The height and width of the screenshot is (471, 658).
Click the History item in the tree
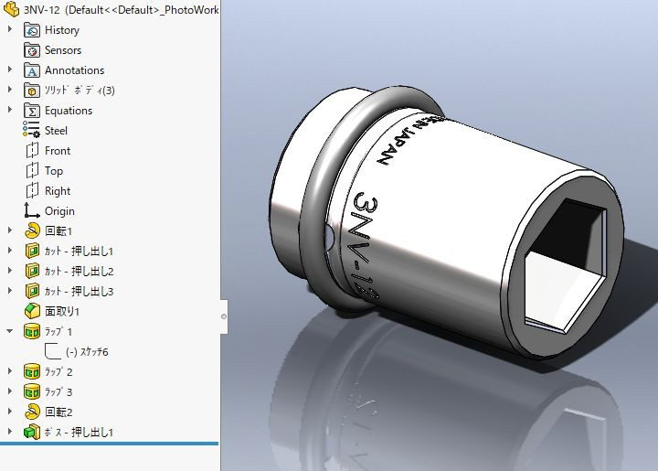pyautogui.click(x=61, y=30)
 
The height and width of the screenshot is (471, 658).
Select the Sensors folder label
pyautogui.click(x=62, y=50)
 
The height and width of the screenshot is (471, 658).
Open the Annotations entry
pyautogui.click(x=74, y=70)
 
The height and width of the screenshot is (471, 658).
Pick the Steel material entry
pyautogui.click(x=56, y=131)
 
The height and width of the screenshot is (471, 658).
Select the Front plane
pyautogui.click(x=57, y=151)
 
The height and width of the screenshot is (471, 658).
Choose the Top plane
pyautogui.click(x=54, y=171)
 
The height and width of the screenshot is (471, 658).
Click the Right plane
pyautogui.click(x=57, y=191)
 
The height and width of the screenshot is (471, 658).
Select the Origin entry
pyautogui.click(x=59, y=211)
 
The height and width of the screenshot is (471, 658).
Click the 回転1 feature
pyautogui.click(x=58, y=231)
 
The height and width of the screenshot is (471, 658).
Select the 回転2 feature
pyautogui.click(x=58, y=412)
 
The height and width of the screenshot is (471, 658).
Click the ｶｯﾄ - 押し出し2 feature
pyautogui.click(x=79, y=272)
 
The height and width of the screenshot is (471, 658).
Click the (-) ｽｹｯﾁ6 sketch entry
pyautogui.click(x=87, y=352)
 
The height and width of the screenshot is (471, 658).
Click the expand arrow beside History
pyautogui.click(x=10, y=30)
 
